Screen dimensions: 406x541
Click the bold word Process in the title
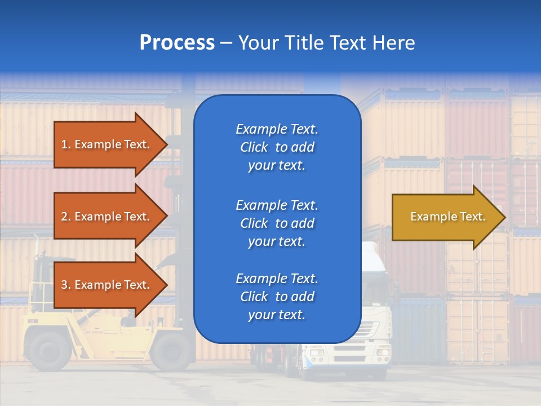(177, 43)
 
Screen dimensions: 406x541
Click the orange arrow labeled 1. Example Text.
(107, 144)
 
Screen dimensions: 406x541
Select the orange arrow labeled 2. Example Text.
(107, 217)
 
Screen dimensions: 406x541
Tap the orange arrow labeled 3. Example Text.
(107, 285)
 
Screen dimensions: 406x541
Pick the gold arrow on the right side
(445, 217)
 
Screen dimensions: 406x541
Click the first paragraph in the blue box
(277, 147)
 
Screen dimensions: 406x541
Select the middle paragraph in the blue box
(277, 223)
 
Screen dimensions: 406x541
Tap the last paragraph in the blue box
(277, 297)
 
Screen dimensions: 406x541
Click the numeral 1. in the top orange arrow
(65, 144)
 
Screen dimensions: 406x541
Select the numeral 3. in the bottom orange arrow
(65, 285)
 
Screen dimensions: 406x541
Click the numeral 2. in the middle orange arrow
(65, 217)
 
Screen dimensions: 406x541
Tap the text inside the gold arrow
(447, 217)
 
